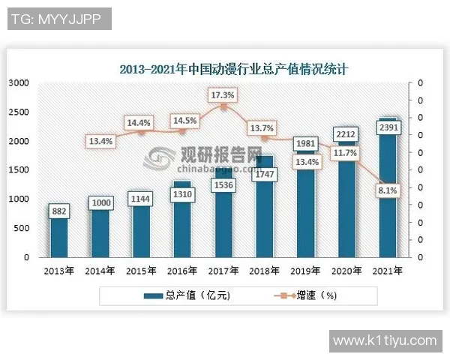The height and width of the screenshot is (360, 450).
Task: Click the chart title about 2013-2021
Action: coord(233,69)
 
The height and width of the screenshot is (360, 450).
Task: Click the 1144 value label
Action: coord(140,199)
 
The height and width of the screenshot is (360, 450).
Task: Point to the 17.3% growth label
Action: coord(223,95)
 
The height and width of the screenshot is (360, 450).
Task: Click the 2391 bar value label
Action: coord(388,128)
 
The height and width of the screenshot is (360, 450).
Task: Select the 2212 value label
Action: coord(346,135)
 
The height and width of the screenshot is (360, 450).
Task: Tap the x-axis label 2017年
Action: coord(223,271)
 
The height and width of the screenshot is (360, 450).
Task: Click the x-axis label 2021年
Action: coord(388,271)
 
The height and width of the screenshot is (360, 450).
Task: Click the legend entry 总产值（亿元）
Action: coord(191,295)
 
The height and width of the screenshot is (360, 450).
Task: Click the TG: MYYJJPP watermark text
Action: coord(57,19)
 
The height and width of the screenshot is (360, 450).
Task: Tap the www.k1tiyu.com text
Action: coord(384,340)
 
